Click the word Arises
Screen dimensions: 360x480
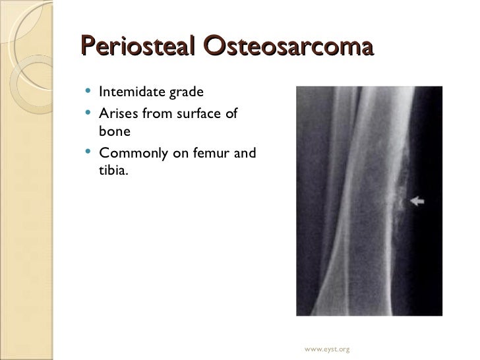116,115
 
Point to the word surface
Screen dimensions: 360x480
196,115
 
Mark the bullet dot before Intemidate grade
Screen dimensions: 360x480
90,92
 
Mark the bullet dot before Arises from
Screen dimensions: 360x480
90,115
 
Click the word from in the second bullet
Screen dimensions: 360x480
154,115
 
